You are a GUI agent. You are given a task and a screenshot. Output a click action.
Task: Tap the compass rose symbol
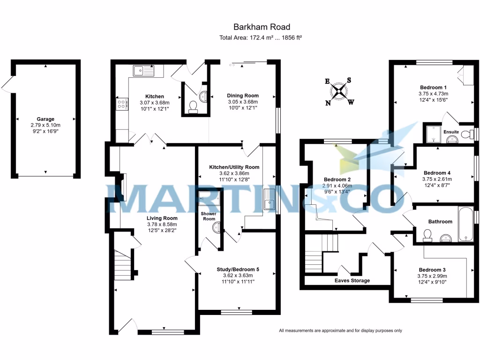click(340, 90)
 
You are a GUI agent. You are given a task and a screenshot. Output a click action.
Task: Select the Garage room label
click(45, 119)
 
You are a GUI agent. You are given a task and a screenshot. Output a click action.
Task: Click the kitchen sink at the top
click(144, 71)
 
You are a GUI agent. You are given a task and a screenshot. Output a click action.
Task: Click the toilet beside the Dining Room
click(193, 107)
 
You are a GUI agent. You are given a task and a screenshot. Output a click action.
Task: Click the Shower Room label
click(208, 216)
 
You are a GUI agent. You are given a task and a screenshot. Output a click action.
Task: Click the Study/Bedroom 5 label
click(238, 270)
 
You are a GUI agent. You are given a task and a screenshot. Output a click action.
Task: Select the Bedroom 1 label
click(433, 88)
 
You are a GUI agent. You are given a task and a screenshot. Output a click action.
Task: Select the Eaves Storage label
click(352, 280)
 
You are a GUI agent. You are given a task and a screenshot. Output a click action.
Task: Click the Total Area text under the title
click(260, 38)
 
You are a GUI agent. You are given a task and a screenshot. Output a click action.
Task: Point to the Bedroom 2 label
click(337, 180)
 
